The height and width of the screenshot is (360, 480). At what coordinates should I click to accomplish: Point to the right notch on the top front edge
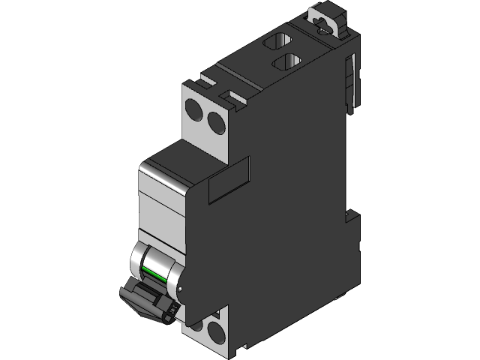(x=229, y=95)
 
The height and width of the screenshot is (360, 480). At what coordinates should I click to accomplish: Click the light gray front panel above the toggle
(x=161, y=202)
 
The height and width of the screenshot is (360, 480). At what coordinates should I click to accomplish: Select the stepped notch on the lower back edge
(x=350, y=217)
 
